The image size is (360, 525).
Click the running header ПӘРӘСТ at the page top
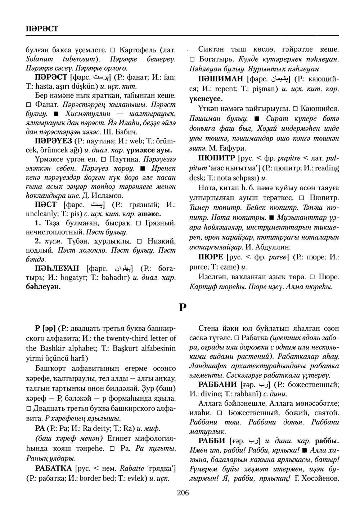[37, 28]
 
